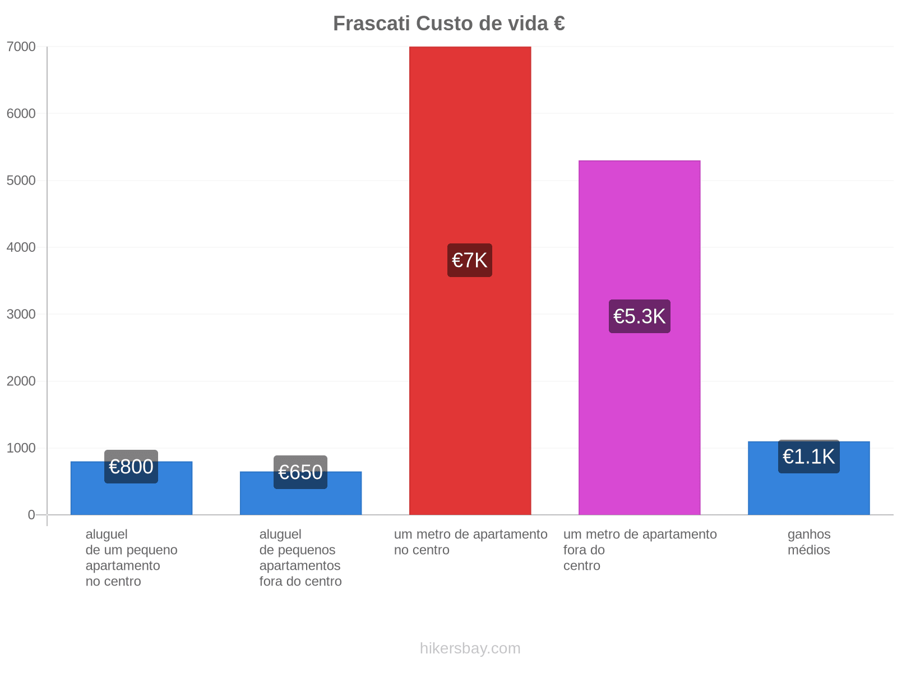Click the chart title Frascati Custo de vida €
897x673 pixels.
[x=449, y=24]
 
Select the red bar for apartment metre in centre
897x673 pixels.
[x=470, y=280]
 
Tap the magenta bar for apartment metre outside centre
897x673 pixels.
[x=639, y=338]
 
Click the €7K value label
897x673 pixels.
[x=470, y=260]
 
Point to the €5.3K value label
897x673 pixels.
[x=639, y=316]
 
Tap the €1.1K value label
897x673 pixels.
[x=808, y=456]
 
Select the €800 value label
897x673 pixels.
[x=131, y=466]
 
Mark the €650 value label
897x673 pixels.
[x=300, y=472]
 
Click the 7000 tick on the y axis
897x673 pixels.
[x=21, y=47]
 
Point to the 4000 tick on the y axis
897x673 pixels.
[x=21, y=247]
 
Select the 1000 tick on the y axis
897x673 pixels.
[x=21, y=448]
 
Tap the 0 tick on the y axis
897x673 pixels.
[x=31, y=514]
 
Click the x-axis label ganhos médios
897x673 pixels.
[x=808, y=542]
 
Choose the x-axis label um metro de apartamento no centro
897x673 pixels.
[x=470, y=542]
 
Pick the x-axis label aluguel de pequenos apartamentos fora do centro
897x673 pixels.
[x=300, y=557]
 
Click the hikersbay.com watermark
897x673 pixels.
[x=470, y=648]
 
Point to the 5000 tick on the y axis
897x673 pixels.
[x=21, y=180]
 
